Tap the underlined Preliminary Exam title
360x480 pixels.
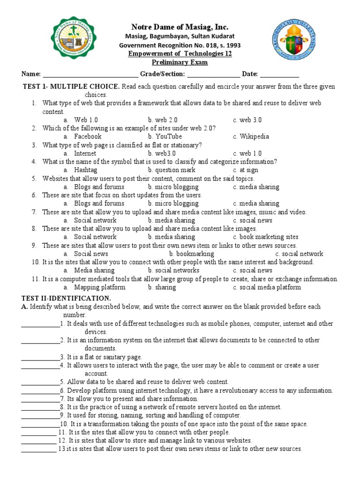[x=180, y=62]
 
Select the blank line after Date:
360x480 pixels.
[x=279, y=74]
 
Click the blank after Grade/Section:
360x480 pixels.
[x=214, y=74]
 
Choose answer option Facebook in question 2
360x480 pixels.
[x=88, y=136]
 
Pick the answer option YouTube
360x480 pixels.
[x=168, y=136]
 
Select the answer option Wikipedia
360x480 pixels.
[x=254, y=136]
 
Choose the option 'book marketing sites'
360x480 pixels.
[x=269, y=237]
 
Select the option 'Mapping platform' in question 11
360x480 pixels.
[x=99, y=287]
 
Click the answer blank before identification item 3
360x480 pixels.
[x=40, y=357]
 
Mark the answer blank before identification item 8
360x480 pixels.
[x=40, y=407]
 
